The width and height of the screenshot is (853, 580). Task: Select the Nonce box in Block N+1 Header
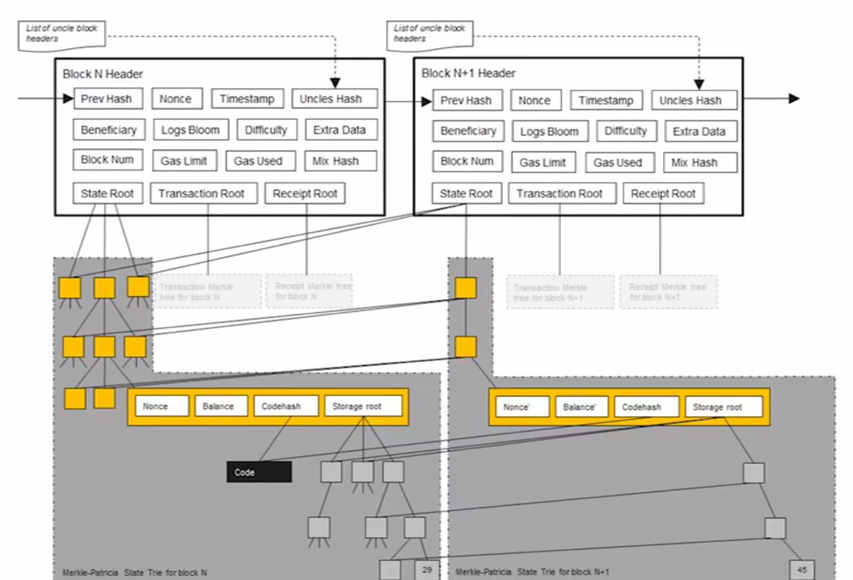[535, 100]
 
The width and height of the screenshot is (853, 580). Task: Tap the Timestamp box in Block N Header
[247, 99]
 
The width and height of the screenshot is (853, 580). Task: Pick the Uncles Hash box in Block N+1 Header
[694, 100]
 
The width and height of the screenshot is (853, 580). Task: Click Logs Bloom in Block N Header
[191, 130]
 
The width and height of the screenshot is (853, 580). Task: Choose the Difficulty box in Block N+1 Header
[626, 131]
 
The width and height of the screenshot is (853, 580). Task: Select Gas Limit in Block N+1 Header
[543, 163]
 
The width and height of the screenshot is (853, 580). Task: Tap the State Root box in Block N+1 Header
[466, 193]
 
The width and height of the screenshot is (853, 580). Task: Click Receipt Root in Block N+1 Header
[663, 193]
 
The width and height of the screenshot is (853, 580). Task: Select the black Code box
[259, 472]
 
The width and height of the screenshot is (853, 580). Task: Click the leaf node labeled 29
[427, 570]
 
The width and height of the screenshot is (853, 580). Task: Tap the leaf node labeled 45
[802, 570]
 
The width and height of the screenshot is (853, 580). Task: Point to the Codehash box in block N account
[286, 406]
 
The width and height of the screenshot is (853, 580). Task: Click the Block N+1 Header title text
[468, 73]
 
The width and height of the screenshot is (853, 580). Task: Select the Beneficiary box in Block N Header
[109, 130]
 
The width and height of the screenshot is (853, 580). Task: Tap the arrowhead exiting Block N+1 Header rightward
[794, 99]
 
